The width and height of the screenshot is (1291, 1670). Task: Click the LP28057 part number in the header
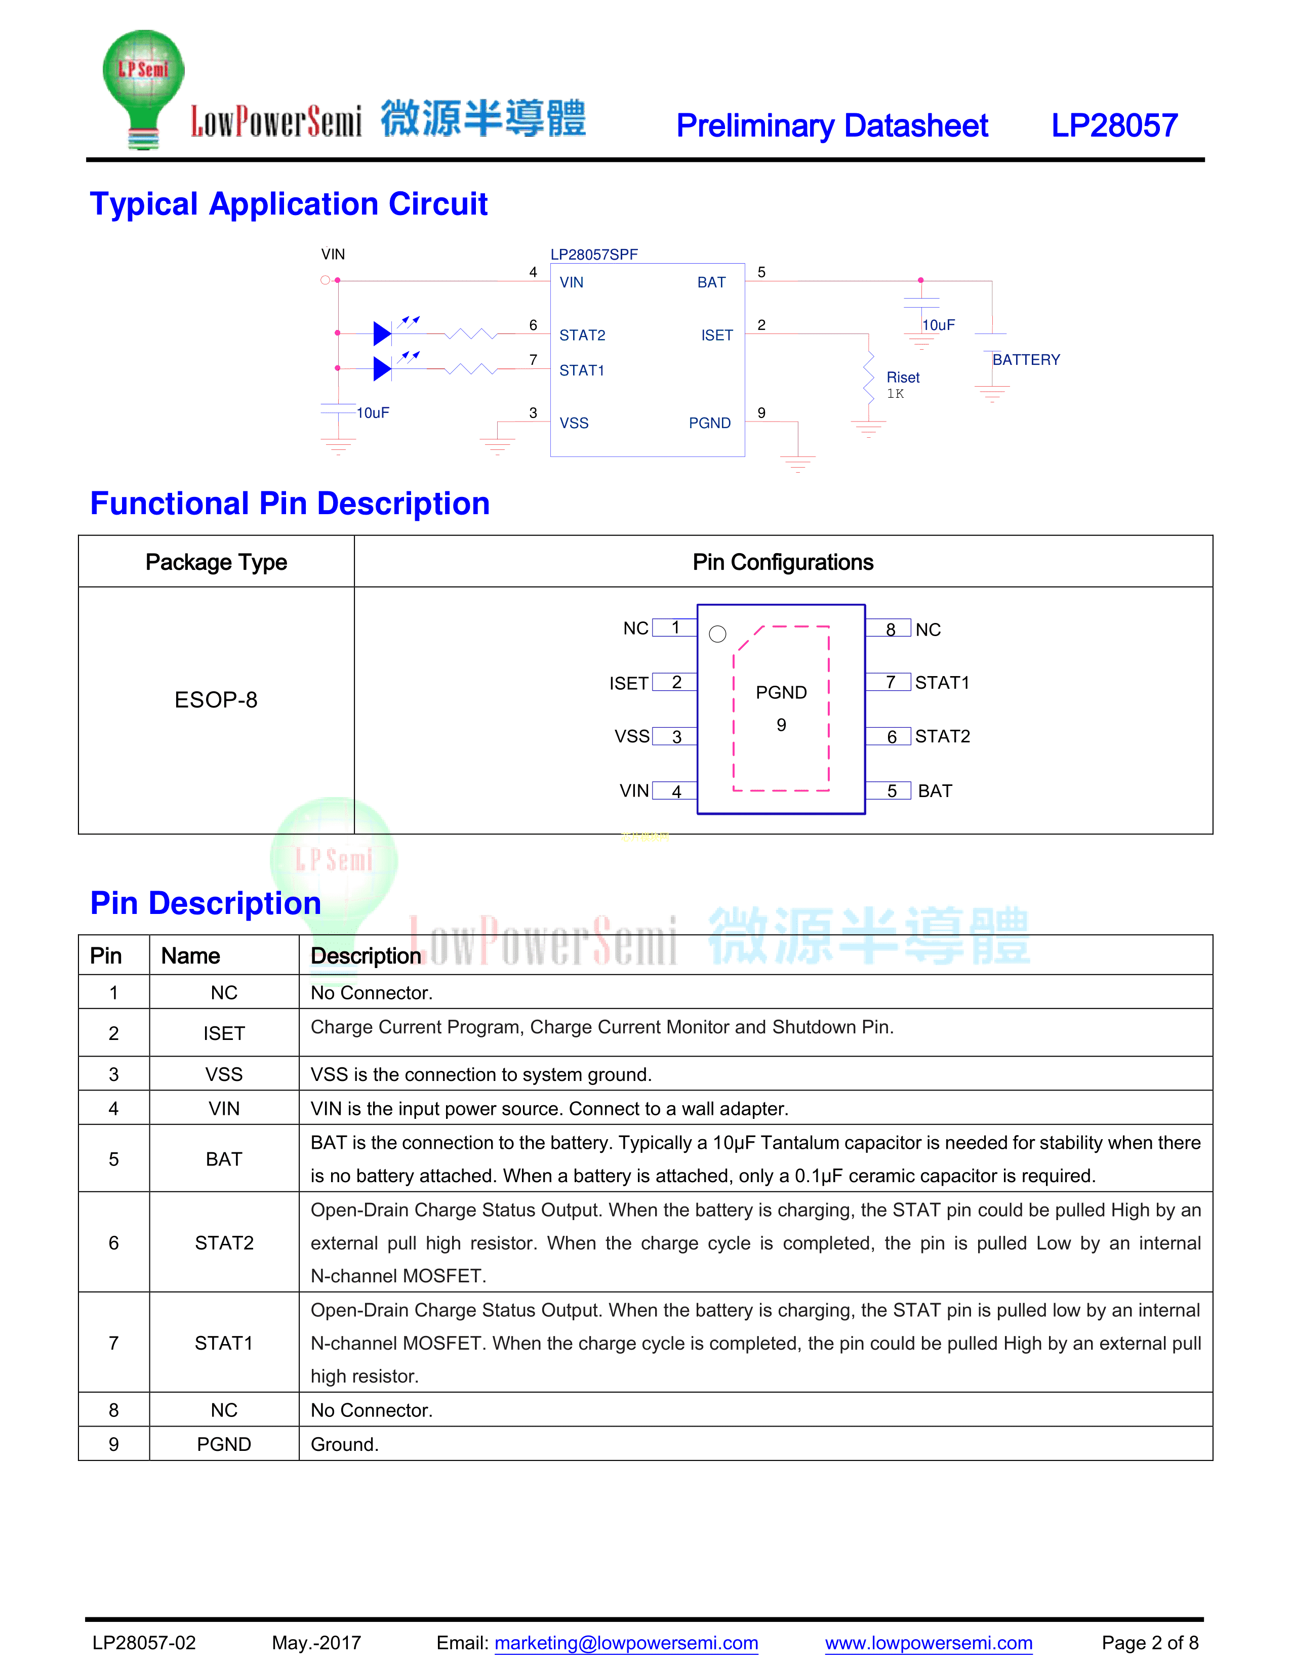pyautogui.click(x=1114, y=126)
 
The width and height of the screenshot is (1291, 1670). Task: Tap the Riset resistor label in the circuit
pyautogui.click(x=903, y=377)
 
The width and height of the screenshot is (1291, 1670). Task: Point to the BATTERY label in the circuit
pyautogui.click(x=1026, y=359)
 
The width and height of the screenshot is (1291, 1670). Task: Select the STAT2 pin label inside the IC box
pyautogui.click(x=582, y=335)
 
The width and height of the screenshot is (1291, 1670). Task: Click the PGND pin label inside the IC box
pyautogui.click(x=709, y=423)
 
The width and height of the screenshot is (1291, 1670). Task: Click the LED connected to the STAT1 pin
pyautogui.click(x=382, y=368)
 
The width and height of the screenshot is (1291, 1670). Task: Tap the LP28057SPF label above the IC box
pyautogui.click(x=593, y=255)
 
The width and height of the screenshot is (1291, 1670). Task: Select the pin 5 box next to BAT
pyautogui.click(x=891, y=790)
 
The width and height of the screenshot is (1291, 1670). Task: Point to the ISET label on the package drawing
pyautogui.click(x=629, y=683)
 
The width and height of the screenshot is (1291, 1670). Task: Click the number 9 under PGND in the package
pyautogui.click(x=781, y=724)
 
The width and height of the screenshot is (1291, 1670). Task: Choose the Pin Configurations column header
pyautogui.click(x=782, y=562)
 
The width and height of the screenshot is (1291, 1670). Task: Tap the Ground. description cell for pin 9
pyautogui.click(x=345, y=1444)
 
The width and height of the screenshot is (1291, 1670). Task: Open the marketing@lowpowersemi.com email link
pyautogui.click(x=626, y=1643)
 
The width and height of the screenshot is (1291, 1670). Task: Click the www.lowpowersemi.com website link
pyautogui.click(x=929, y=1643)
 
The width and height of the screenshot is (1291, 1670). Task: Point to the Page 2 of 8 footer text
pyautogui.click(x=1150, y=1643)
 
